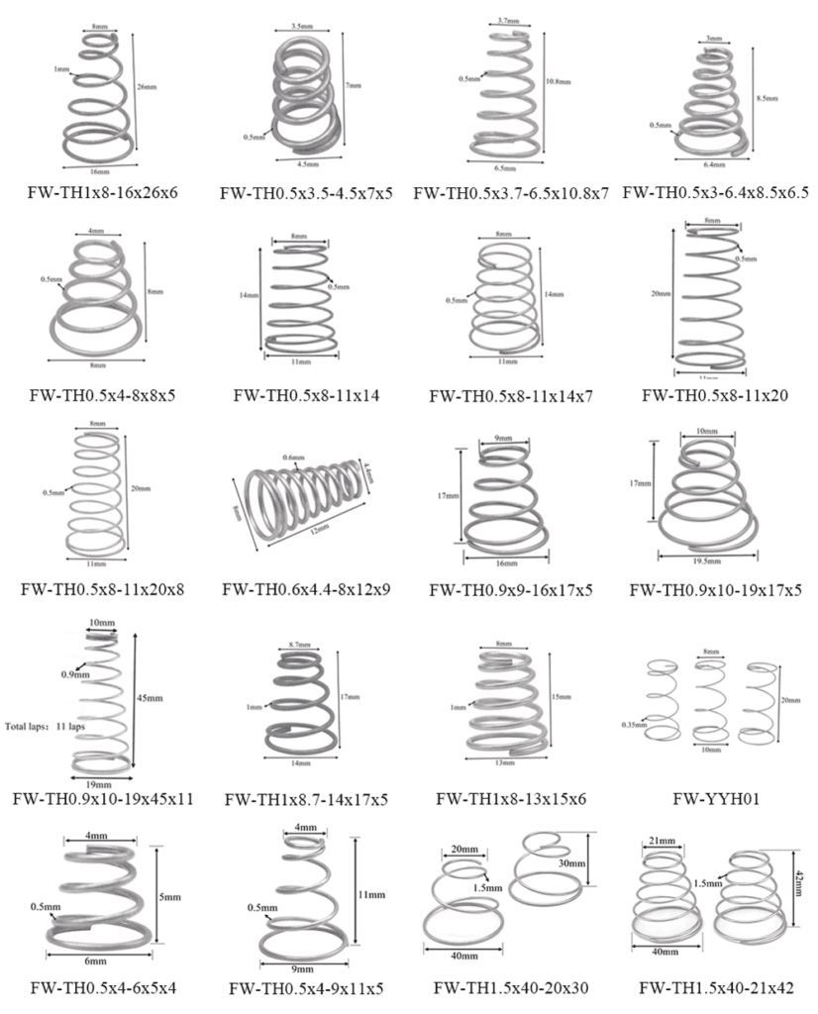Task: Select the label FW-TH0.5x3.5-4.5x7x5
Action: click(x=307, y=194)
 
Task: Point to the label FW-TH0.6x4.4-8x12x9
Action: click(x=307, y=590)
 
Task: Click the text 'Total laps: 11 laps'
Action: click(x=42, y=724)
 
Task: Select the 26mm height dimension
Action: click(x=147, y=87)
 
